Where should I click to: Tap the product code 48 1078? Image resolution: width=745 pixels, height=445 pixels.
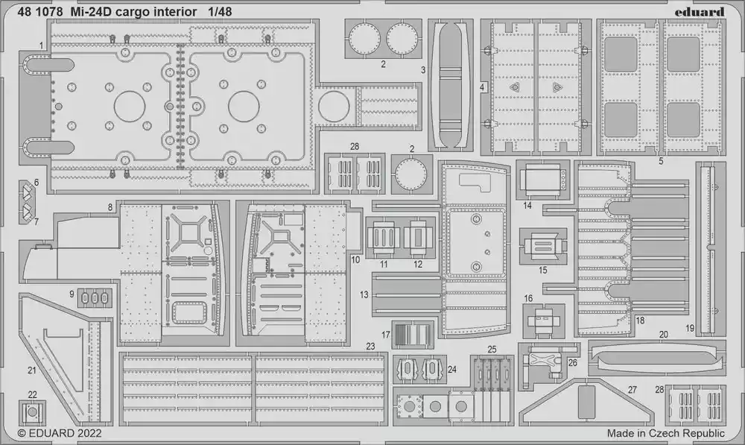click(40, 12)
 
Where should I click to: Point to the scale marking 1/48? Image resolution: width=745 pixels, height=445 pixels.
click(220, 12)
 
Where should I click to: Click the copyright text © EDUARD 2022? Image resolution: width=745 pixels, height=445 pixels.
click(60, 433)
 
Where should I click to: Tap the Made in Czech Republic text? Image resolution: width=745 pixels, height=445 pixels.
click(665, 433)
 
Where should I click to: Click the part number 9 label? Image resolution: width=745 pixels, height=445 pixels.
click(72, 294)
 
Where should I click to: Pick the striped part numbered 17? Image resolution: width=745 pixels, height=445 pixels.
click(413, 334)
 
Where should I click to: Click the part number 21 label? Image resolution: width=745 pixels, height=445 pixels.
click(32, 370)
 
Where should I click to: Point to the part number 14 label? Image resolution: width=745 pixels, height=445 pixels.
click(527, 206)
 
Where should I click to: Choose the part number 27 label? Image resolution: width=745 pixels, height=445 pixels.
click(632, 390)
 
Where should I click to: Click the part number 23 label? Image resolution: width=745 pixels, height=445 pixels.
click(370, 347)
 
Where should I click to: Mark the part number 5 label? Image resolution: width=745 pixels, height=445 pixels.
click(661, 161)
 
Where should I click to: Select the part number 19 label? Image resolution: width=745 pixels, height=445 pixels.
click(690, 328)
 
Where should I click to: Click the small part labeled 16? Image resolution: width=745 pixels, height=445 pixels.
click(544, 321)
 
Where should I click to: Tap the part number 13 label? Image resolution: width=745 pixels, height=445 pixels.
click(364, 294)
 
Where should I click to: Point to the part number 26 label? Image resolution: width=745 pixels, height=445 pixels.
click(572, 363)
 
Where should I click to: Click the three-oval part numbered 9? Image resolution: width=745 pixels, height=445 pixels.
click(94, 298)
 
